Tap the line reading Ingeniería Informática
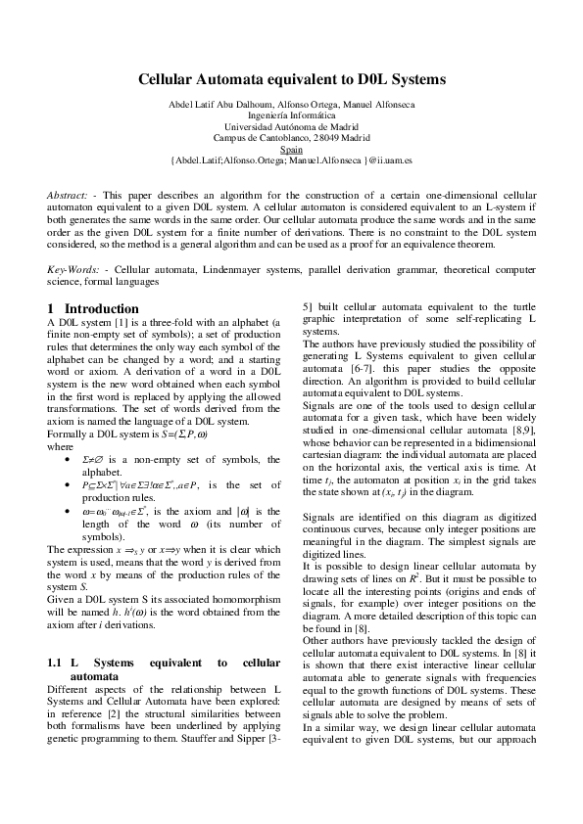(291, 116)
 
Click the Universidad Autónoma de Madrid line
(291, 127)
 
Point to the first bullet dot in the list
(67, 458)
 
